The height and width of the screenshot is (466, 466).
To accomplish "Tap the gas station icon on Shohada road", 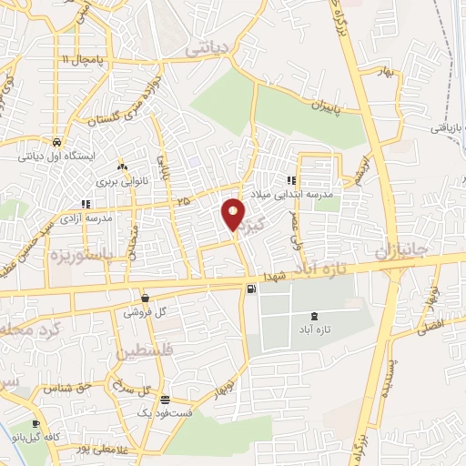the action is [x=250, y=289].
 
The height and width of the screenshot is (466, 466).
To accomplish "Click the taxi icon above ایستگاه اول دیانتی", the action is [x=57, y=144].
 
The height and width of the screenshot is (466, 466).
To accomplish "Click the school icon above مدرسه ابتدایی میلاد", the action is [x=291, y=180].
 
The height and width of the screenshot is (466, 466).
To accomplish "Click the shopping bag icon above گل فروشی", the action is [x=146, y=298].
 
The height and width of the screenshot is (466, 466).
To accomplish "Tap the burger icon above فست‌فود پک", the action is [x=164, y=400].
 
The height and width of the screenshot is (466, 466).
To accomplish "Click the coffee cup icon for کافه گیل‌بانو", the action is [x=35, y=423].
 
